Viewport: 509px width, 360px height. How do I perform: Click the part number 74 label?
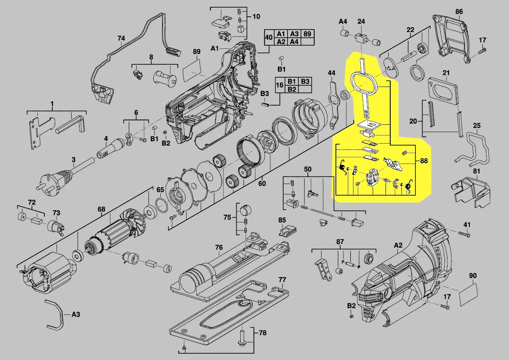pos(121,38)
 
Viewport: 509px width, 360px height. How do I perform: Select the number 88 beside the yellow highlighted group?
pos(424,161)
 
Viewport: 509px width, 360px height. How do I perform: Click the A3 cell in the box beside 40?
pos(294,34)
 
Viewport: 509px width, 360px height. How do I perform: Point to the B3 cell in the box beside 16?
pos(305,81)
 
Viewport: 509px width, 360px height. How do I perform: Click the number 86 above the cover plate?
pos(459,11)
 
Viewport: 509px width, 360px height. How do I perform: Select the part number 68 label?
pos(101,209)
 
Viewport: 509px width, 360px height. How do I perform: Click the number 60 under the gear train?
pos(262,184)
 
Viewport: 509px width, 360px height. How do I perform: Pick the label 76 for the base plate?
pos(219,247)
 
